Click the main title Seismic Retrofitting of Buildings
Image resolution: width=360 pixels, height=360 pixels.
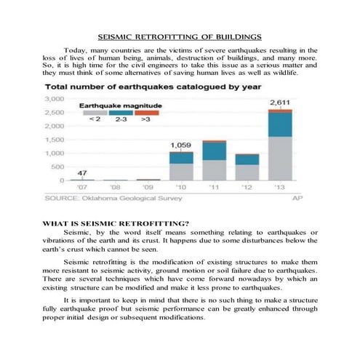click(x=180, y=36)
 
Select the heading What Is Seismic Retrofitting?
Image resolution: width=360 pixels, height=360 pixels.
click(x=105, y=223)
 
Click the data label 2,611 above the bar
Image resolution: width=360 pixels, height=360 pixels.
click(x=281, y=103)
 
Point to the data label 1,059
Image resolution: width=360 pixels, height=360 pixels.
click(x=181, y=145)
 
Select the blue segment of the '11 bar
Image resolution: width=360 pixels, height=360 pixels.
click(x=215, y=151)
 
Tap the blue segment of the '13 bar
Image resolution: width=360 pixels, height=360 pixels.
click(x=281, y=124)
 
